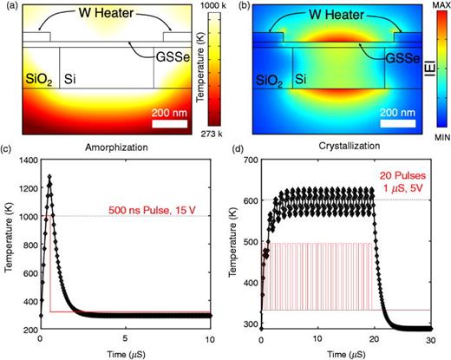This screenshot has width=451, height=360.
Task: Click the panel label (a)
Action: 8,6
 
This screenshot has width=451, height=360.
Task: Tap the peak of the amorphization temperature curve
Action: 49,178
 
